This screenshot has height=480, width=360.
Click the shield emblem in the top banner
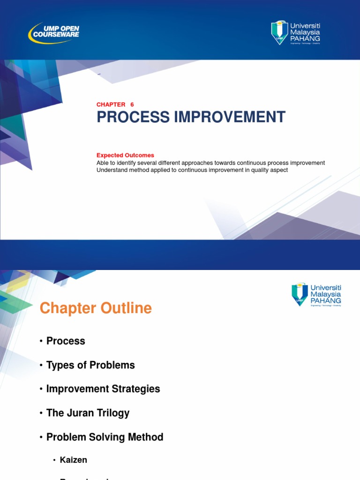click(x=279, y=32)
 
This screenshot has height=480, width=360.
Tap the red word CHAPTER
click(x=111, y=105)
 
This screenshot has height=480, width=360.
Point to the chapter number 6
click(x=132, y=105)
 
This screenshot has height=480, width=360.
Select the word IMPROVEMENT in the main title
click(x=229, y=117)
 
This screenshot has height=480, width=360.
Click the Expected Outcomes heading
click(x=125, y=155)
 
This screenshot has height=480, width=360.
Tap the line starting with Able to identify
click(x=210, y=163)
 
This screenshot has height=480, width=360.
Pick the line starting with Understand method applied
click(x=192, y=170)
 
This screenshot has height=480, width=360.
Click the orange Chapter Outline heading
click(x=96, y=308)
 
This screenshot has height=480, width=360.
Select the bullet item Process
click(x=66, y=341)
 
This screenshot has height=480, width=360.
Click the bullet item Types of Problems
click(x=90, y=365)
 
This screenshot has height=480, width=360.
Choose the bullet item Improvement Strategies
click(x=103, y=389)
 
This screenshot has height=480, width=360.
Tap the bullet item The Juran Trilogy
click(x=88, y=413)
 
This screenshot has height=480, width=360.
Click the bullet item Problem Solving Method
click(x=105, y=437)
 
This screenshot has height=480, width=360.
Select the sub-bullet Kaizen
click(x=74, y=460)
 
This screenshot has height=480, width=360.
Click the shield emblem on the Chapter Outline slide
click(x=300, y=294)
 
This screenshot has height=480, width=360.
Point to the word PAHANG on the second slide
click(x=326, y=300)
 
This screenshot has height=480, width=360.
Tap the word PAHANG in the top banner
click(x=305, y=38)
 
